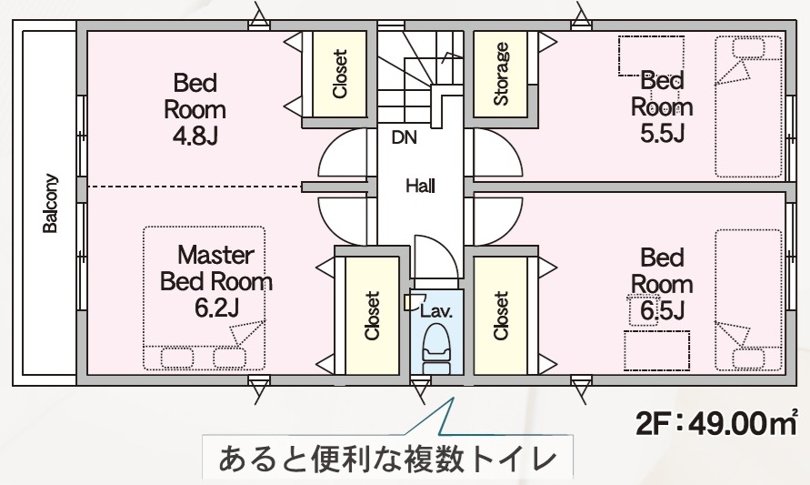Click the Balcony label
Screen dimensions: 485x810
[51, 204]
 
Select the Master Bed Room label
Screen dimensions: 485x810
[215, 268]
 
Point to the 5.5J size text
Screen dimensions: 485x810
[662, 134]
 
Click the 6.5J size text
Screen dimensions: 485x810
[662, 310]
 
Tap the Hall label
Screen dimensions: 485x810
[421, 187]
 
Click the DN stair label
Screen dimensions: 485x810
[405, 139]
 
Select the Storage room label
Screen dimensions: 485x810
[501, 74]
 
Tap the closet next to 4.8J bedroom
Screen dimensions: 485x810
[340, 73]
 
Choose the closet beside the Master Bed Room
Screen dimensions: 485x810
[371, 316]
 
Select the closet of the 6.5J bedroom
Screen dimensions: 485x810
[501, 316]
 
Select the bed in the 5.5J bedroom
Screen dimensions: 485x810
[747, 107]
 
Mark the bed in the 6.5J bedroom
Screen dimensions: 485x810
[747, 300]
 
